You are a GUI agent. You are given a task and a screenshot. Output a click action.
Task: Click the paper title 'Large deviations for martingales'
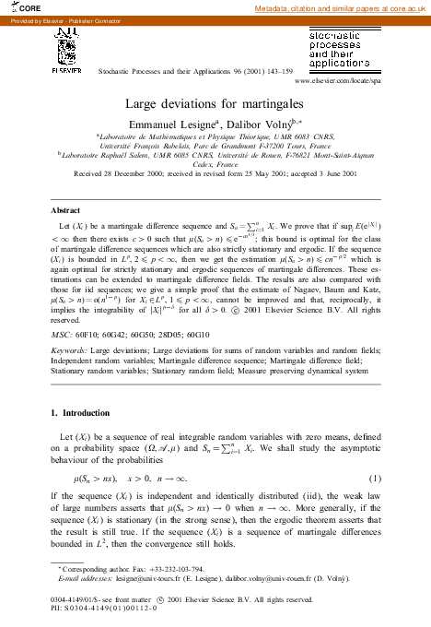click(x=215, y=104)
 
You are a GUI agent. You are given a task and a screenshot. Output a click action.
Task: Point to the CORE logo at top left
click(x=18, y=7)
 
